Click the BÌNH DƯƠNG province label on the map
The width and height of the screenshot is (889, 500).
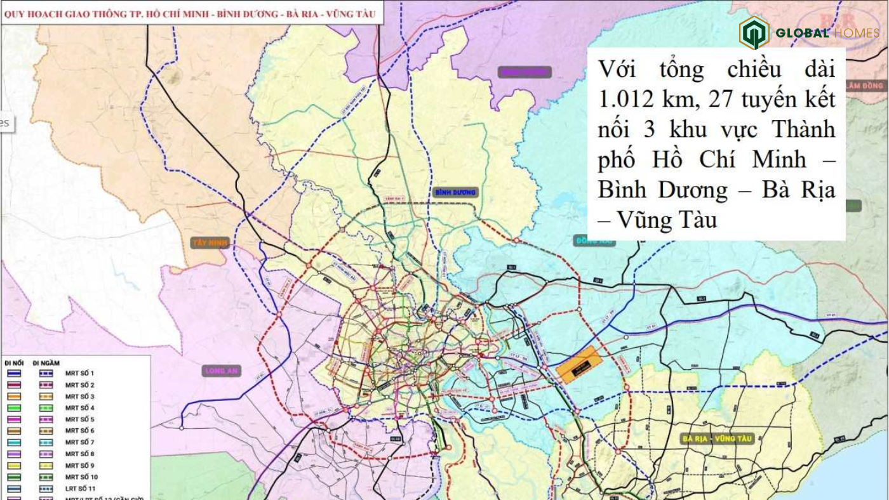455,192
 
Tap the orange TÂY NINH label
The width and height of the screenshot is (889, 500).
210,242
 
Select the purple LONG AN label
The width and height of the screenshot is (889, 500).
222,371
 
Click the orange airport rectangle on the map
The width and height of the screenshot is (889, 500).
578,364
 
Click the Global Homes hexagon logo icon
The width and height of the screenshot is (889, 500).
754,32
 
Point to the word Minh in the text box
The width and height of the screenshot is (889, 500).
779,159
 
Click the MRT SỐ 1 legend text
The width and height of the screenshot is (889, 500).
79,374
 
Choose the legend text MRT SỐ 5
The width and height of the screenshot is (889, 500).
79,419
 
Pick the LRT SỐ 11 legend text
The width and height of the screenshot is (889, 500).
81,489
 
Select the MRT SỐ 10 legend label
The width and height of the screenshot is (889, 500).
81,477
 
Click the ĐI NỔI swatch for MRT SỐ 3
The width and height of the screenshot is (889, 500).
13,397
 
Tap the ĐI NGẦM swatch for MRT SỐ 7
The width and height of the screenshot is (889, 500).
46,442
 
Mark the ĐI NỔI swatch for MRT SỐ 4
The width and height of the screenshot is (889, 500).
13,408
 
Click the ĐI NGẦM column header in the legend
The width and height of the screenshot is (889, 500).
49,363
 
